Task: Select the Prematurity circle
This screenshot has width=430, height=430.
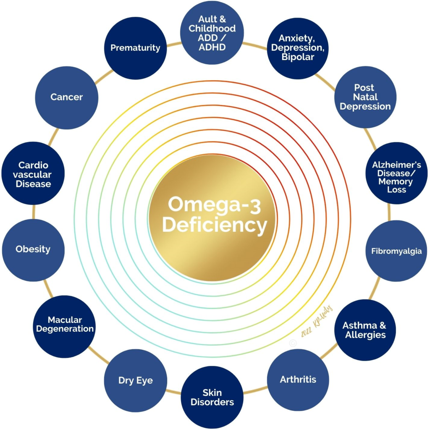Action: click(x=135, y=48)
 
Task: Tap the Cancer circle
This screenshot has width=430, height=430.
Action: click(x=67, y=97)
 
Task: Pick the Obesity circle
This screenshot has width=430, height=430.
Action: click(x=33, y=250)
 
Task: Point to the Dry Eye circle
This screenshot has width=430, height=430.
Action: click(x=135, y=380)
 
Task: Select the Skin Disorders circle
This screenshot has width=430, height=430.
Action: click(x=212, y=397)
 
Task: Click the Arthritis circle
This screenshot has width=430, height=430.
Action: click(x=298, y=380)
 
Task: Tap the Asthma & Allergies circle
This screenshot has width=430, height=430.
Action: click(x=364, y=330)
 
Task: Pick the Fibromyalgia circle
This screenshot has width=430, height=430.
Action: click(x=396, y=251)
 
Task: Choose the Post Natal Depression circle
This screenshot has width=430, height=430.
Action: click(x=365, y=97)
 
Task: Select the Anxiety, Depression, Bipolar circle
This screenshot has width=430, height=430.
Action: click(x=298, y=48)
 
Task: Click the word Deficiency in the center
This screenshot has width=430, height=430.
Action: click(x=215, y=226)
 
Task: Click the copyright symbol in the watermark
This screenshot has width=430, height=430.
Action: click(x=293, y=342)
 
